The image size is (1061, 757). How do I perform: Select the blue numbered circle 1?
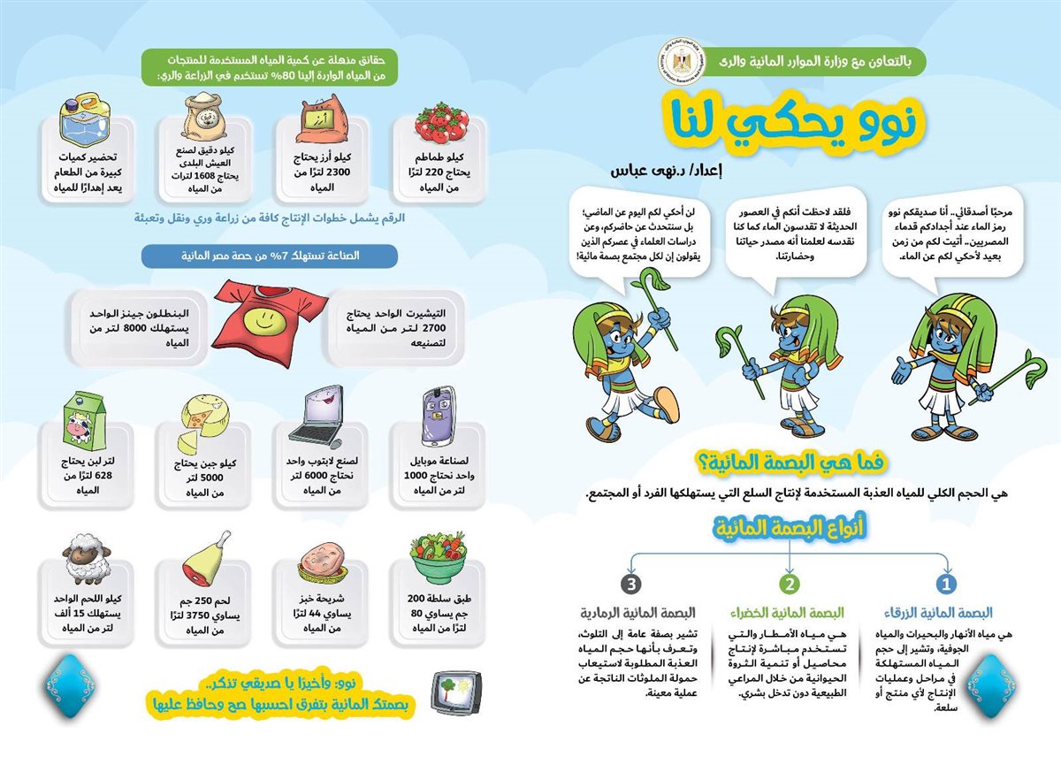947,585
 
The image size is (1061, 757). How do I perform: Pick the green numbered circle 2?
788,585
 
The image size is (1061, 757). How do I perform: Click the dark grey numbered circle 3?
630,585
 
